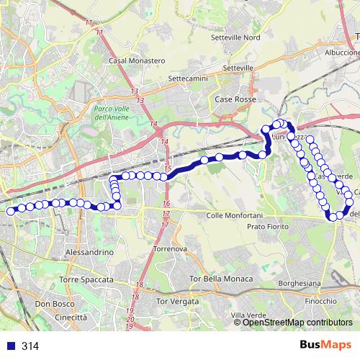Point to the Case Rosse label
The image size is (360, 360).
pyautogui.click(x=235, y=100)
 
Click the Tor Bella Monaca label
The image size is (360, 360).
pyautogui.click(x=220, y=279)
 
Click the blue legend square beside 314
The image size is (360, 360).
pyautogui.click(x=10, y=346)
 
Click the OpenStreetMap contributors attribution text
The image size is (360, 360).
pyautogui.click(x=297, y=323)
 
